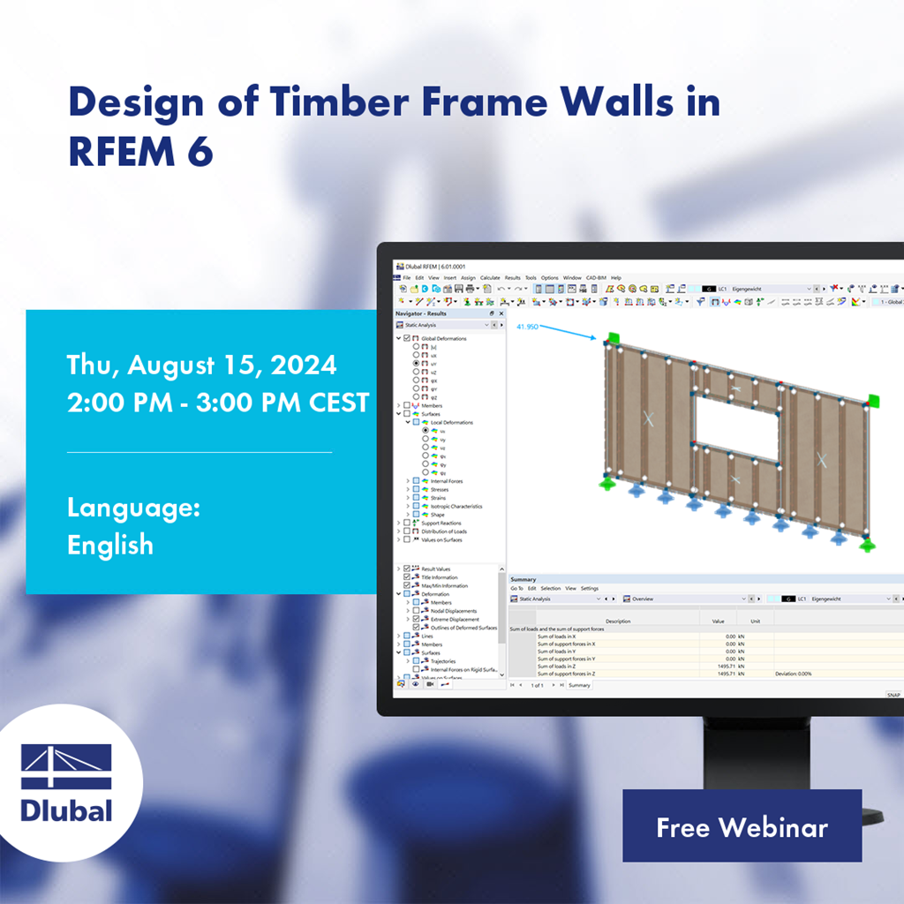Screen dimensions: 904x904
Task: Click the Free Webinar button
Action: [742, 826]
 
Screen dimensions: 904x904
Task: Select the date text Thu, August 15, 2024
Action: [201, 365]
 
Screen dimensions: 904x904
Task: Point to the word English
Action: [110, 545]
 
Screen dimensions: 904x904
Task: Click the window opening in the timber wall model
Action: [736, 418]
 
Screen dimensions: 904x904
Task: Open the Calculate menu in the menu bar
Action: [490, 277]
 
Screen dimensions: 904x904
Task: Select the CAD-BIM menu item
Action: [596, 277]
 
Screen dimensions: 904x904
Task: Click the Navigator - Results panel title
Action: [421, 313]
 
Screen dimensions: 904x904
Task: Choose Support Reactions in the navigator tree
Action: [441, 523]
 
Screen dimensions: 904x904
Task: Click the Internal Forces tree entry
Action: [446, 481]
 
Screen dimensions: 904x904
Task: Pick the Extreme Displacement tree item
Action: [456, 619]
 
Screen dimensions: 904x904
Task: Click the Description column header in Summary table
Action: [618, 621]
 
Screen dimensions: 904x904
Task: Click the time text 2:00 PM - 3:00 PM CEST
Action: [218, 403]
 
